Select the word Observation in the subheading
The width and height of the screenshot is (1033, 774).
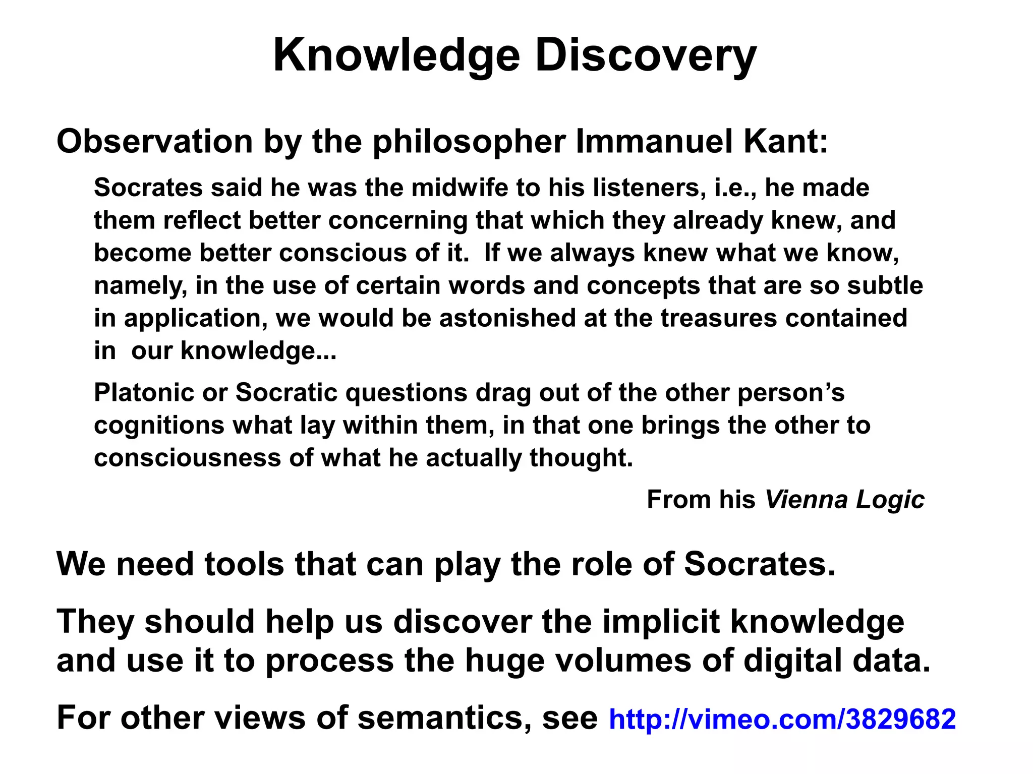155,142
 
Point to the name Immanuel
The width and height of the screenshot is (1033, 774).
654,142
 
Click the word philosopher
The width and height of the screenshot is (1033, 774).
469,143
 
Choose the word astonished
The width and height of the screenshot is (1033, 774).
507,318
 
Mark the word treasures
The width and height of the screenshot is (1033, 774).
719,318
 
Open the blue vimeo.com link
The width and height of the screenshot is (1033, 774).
782,719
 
